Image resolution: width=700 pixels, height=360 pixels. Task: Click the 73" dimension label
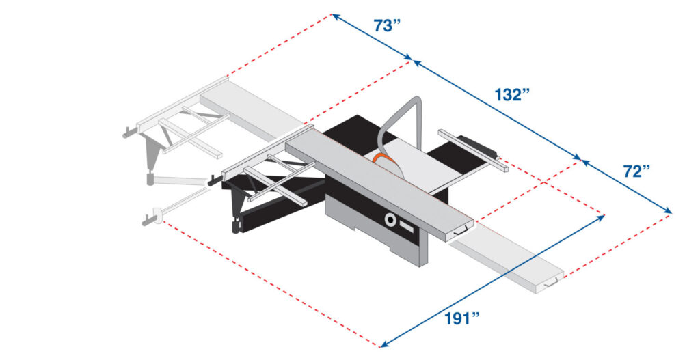tap(387, 26)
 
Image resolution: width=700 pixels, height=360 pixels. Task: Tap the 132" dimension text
tap(513, 95)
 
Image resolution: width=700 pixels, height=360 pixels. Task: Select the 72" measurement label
tap(636, 171)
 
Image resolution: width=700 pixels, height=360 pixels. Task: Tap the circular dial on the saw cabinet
tap(390, 220)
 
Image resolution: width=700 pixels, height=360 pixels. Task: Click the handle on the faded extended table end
tap(553, 281)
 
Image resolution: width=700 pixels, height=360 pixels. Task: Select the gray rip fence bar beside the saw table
tap(472, 150)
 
